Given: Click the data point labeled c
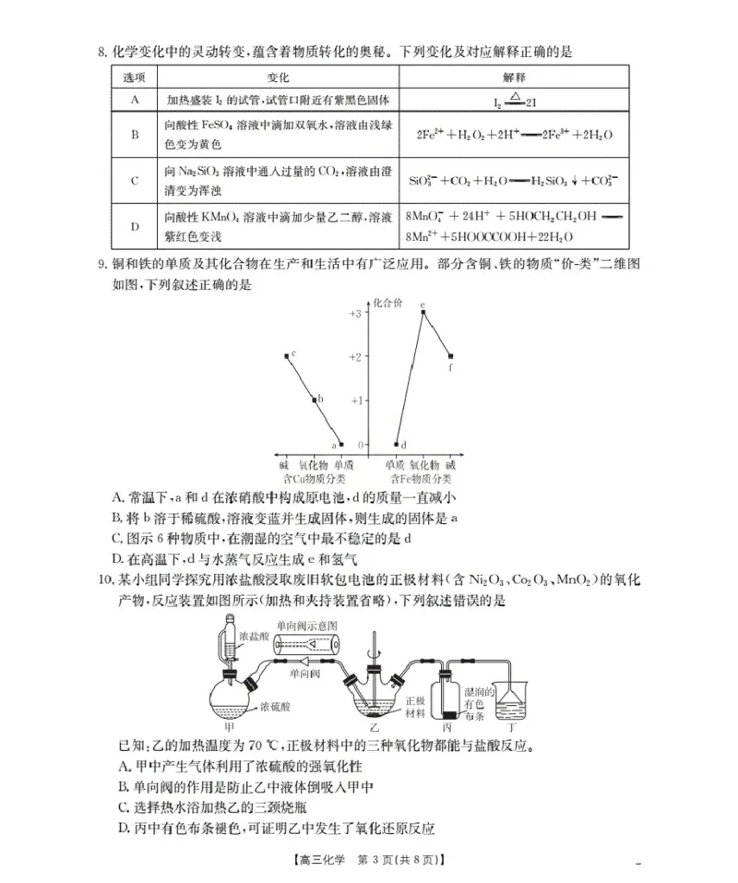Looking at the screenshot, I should [x=286, y=356].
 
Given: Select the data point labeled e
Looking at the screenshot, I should [x=423, y=312].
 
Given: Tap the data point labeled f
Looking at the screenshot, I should [x=450, y=356].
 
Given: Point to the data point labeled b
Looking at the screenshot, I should [x=314, y=400].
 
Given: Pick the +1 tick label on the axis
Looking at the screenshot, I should [x=354, y=400].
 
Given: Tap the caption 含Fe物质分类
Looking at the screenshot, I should [x=420, y=479].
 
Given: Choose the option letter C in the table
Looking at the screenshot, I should [x=135, y=180].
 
